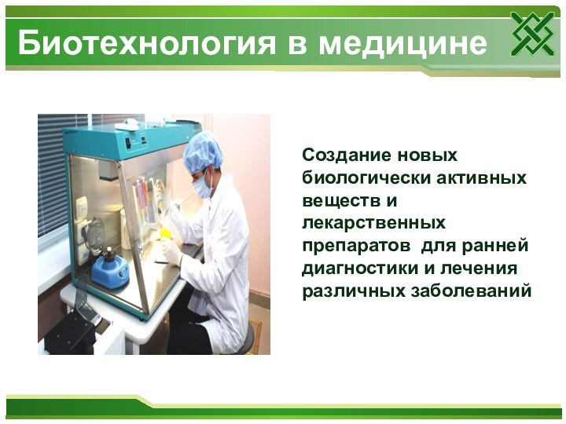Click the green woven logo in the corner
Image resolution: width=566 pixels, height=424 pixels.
pos(532,35)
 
